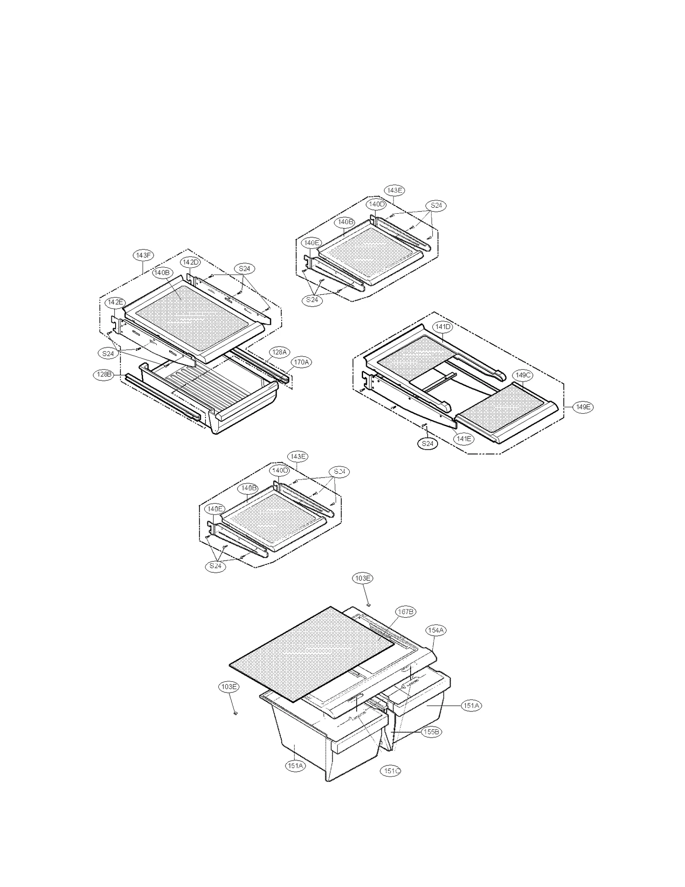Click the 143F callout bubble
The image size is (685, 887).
pos(143,256)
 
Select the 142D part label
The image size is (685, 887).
pos(191,262)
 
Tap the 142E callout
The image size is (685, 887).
pos(115,302)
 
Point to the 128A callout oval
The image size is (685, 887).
pos(279,352)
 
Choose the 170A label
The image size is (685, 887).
pos(301,362)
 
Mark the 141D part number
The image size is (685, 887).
pos(443,327)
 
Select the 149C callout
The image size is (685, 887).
pos(523,375)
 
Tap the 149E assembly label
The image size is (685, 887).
pos(583,407)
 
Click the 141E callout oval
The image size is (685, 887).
pos(464,439)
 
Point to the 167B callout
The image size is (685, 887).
pos(405,612)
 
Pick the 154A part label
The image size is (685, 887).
pos(436,630)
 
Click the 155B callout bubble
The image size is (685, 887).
pos(431,732)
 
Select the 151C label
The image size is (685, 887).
pos(391,771)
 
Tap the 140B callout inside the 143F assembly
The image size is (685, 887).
pos(162,273)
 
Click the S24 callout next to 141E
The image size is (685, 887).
pos(428,444)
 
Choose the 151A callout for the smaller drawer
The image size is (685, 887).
pos(471,705)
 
